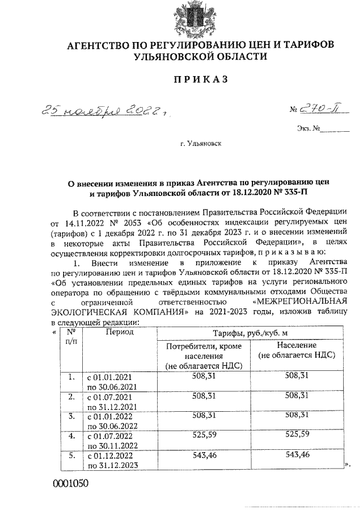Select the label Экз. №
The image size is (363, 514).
[309, 128]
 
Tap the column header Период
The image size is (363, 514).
[119, 332]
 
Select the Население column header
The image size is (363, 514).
[297, 349]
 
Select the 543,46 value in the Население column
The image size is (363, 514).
[297, 456]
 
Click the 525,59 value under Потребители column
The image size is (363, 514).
[204, 436]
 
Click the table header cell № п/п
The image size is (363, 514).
[71, 336]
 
